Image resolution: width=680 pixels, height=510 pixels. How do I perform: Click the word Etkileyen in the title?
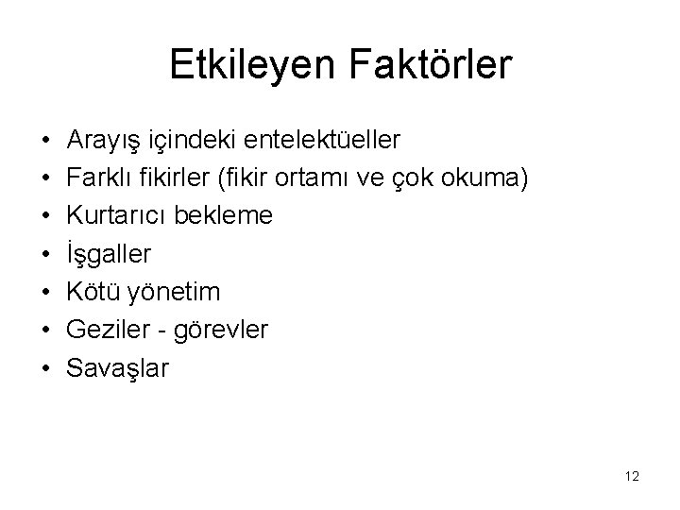pos(246,65)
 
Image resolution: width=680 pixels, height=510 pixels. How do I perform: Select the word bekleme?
pos(227,216)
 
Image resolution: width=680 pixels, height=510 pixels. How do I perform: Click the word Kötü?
pos(92,292)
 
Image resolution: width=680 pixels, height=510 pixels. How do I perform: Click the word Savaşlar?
pos(118,367)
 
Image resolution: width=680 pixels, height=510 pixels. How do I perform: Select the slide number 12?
pos(631,476)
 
